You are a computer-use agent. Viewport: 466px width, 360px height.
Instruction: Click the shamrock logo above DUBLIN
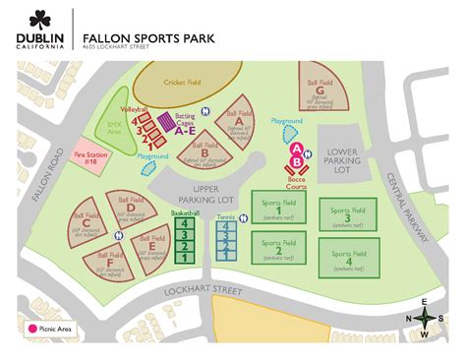tap(40, 19)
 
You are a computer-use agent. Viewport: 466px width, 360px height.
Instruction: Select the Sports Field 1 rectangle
tap(278, 209)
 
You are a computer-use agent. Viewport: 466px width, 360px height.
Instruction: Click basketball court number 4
tap(184, 224)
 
